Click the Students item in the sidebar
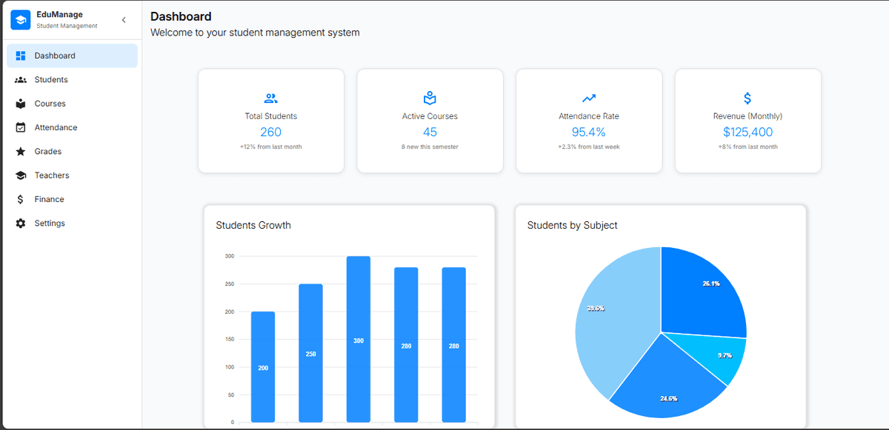click(x=50, y=80)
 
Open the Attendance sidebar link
click(x=56, y=127)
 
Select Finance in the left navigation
click(x=49, y=199)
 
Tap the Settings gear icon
click(x=21, y=224)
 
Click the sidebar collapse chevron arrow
click(x=124, y=20)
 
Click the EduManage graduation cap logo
click(x=21, y=20)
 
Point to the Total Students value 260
click(x=270, y=132)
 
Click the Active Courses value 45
click(x=430, y=132)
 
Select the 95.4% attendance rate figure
click(x=588, y=132)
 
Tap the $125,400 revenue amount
click(x=748, y=132)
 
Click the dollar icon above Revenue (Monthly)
click(x=748, y=98)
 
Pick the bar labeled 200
click(x=263, y=367)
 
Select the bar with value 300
click(x=359, y=340)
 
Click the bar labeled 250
click(x=310, y=353)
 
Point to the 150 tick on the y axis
click(x=230, y=339)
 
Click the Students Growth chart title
click(x=253, y=225)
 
